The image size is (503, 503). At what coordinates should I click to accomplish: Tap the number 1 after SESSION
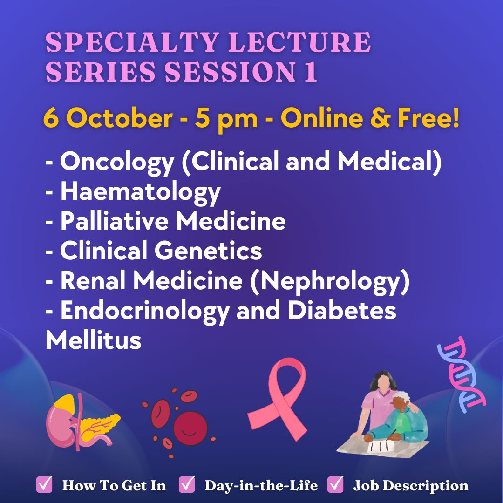(310, 72)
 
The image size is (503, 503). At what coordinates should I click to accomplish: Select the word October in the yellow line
(120, 118)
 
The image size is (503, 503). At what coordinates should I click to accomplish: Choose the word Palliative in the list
(115, 221)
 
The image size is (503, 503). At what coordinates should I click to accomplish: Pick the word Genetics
(209, 251)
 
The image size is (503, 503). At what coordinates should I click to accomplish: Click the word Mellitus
(94, 340)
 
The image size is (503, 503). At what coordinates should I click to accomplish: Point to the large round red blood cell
(190, 428)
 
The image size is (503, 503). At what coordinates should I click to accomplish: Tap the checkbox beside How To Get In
(44, 484)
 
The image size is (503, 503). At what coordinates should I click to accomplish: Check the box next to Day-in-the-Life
(187, 484)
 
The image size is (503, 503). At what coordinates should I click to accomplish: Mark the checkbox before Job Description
(335, 484)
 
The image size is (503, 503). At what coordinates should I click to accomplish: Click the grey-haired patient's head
(400, 401)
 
